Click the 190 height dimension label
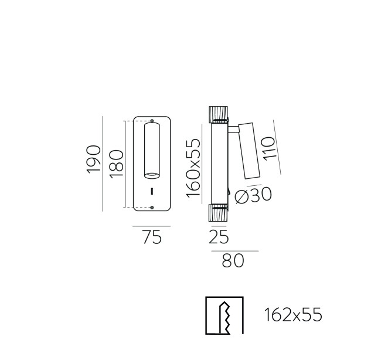point(94,159)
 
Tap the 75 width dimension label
point(152,237)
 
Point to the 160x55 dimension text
point(193,168)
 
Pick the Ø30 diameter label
point(253,195)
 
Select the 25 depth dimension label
point(219,237)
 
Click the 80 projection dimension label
point(233,260)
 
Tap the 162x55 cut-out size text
point(293,315)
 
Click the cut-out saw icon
point(224,315)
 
